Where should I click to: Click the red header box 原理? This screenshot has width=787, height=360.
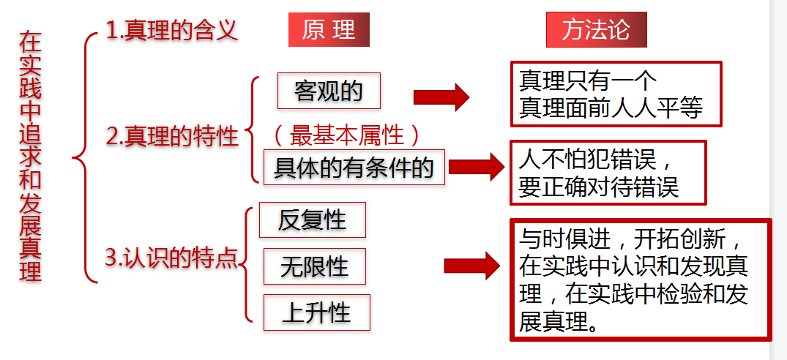329,31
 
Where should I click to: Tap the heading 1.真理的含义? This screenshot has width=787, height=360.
172,31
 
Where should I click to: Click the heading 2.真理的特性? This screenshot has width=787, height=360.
173,137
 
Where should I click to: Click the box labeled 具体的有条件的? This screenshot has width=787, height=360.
354,168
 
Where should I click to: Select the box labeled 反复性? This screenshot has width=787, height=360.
312,220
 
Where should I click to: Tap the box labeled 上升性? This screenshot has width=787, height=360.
316,312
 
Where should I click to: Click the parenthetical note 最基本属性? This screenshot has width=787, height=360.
347,135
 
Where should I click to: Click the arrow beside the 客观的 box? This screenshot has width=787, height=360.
441,97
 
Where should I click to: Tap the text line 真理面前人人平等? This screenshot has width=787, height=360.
611,108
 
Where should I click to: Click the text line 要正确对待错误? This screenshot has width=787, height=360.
599,187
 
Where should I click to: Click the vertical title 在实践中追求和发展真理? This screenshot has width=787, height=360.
31,155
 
